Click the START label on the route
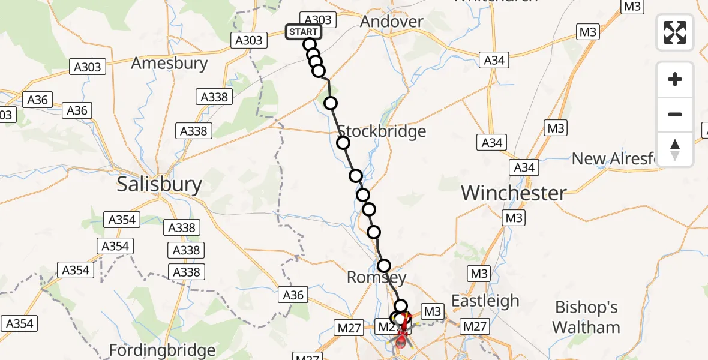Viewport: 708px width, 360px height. pyautogui.click(x=304, y=32)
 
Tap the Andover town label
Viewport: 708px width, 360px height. pyautogui.click(x=392, y=22)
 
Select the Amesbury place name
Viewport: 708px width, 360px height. pyautogui.click(x=169, y=63)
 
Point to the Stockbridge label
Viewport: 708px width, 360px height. pyautogui.click(x=382, y=131)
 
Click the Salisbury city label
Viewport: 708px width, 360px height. pyautogui.click(x=159, y=184)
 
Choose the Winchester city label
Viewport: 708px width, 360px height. pyautogui.click(x=514, y=193)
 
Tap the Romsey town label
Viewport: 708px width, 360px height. pyautogui.click(x=377, y=278)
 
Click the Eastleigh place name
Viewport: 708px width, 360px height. pyautogui.click(x=485, y=300)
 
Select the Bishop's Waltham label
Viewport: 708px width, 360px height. pyautogui.click(x=586, y=317)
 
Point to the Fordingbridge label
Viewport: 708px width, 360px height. pyautogui.click(x=163, y=350)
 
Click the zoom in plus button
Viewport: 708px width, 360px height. pyautogui.click(x=675, y=79)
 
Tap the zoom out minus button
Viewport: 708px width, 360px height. pyautogui.click(x=675, y=114)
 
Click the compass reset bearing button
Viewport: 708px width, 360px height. pyautogui.click(x=675, y=149)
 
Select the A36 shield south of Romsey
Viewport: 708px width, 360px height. pyautogui.click(x=293, y=295)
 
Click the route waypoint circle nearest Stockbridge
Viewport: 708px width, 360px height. pyautogui.click(x=343, y=143)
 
